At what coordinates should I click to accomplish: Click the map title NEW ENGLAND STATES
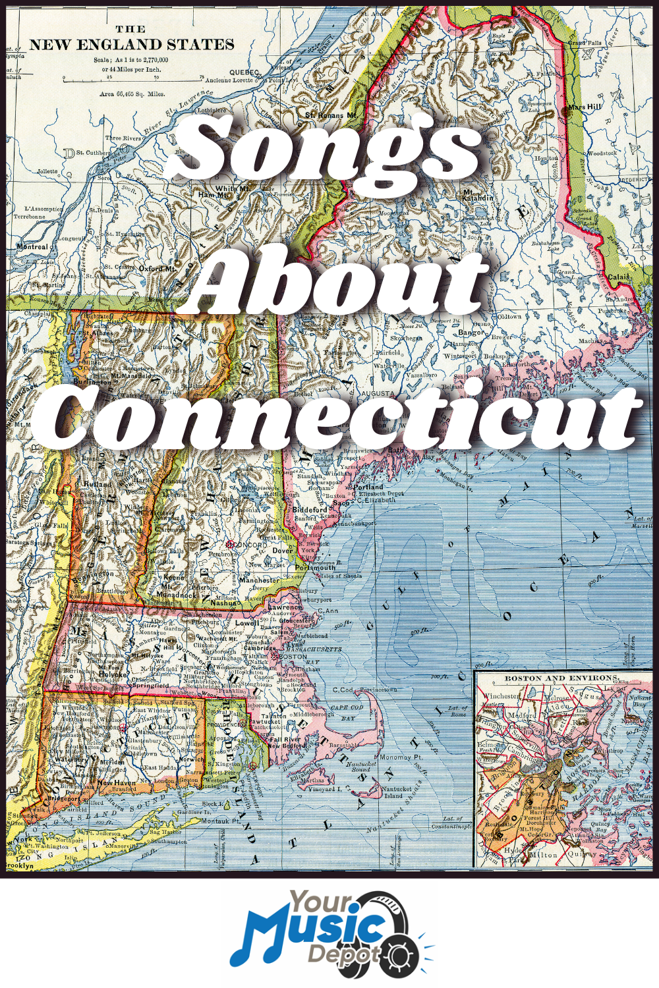click(132, 45)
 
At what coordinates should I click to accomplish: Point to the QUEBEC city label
click(244, 72)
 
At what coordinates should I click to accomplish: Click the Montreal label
click(32, 247)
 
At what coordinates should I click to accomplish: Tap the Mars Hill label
click(585, 107)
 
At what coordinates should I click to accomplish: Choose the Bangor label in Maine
click(472, 333)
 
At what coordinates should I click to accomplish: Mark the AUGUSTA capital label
click(378, 393)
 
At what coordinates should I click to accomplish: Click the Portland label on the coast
click(368, 487)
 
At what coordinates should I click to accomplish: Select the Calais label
click(618, 277)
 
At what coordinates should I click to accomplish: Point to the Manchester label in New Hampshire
click(259, 580)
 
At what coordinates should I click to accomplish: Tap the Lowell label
click(246, 622)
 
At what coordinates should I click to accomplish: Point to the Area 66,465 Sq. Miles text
click(132, 94)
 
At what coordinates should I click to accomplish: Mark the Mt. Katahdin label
click(477, 195)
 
